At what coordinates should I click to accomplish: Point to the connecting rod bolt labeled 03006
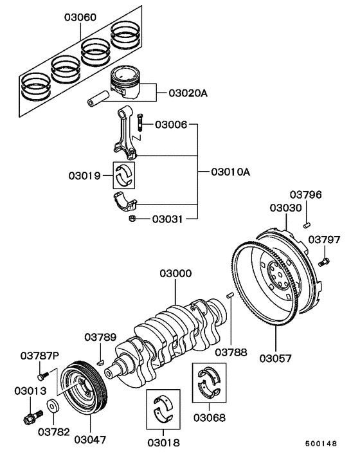point(141,124)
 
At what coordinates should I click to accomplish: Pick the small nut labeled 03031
point(132,219)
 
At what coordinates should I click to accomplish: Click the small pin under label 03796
point(308,224)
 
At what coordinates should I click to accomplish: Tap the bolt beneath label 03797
point(324,261)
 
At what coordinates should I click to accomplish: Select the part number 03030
point(285,208)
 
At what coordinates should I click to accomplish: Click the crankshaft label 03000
point(175,274)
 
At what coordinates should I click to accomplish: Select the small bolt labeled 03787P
point(42,372)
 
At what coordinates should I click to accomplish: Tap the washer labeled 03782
point(52,407)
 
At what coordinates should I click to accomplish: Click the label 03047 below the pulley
point(89,440)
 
